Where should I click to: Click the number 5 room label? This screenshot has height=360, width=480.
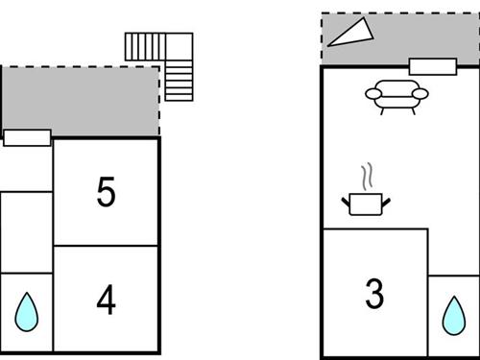click(x=106, y=193)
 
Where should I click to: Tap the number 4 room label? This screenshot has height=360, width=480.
click(x=106, y=300)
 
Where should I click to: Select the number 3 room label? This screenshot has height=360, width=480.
click(x=374, y=294)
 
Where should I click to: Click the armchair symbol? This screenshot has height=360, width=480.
click(x=397, y=95)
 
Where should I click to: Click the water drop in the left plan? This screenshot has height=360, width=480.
click(x=27, y=311)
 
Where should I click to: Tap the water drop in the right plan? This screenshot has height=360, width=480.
click(x=453, y=313)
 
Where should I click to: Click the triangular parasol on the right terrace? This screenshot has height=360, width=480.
click(x=350, y=32)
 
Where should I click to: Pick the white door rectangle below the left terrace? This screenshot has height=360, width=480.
click(x=27, y=137)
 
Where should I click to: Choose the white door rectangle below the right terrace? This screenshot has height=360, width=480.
click(x=432, y=66)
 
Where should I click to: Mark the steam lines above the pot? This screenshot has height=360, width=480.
click(x=366, y=179)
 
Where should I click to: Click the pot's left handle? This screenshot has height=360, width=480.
click(x=346, y=202)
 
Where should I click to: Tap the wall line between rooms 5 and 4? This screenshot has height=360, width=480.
click(x=106, y=246)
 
